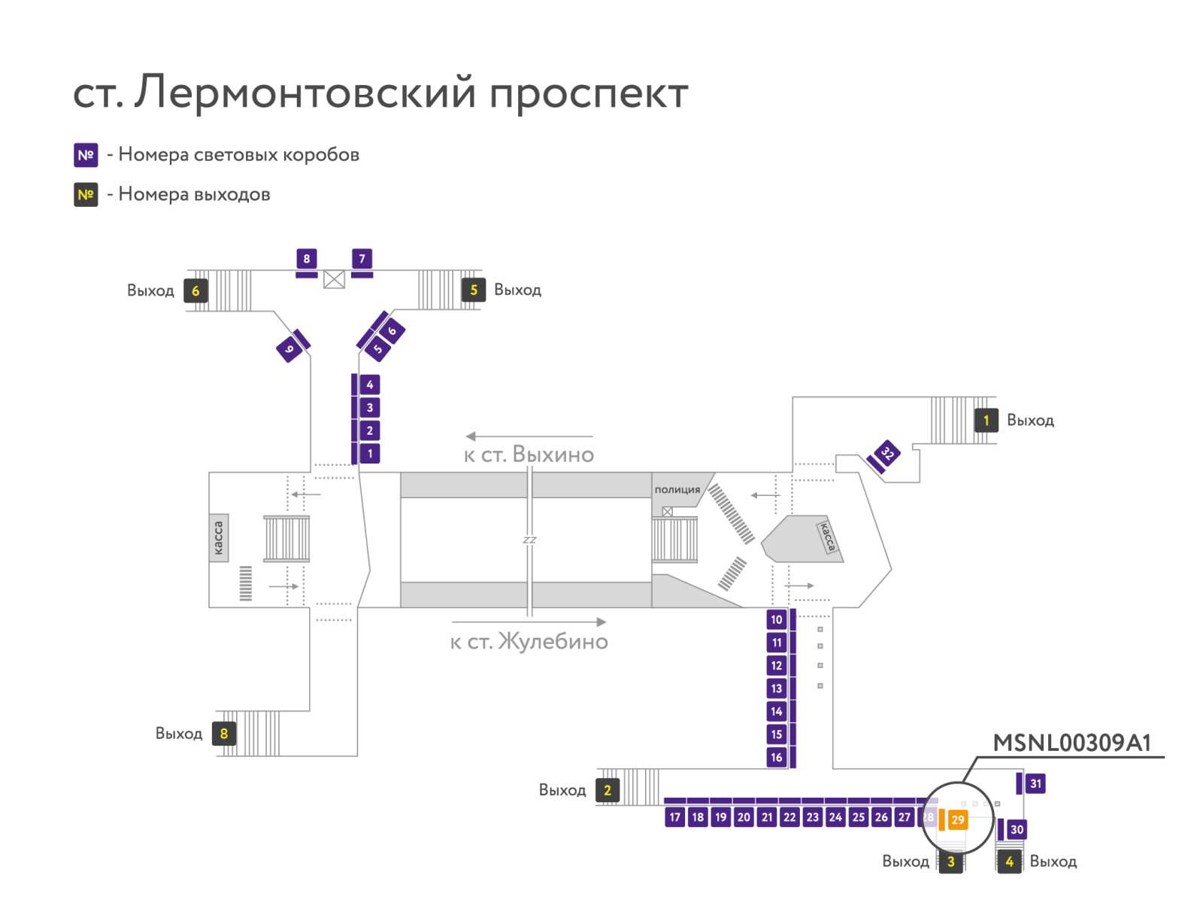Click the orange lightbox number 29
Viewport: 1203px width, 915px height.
[x=957, y=819]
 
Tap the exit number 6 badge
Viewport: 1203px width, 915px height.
[x=195, y=290]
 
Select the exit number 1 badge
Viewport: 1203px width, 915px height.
[x=986, y=421]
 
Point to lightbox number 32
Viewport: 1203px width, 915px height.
[x=887, y=453]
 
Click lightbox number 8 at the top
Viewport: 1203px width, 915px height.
[x=306, y=259]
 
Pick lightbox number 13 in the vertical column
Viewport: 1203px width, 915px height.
[x=776, y=689]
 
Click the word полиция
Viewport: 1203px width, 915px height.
[x=677, y=490]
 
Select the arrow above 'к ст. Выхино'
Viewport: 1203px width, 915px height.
[x=529, y=436]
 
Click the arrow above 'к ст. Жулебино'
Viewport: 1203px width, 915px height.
[x=529, y=622]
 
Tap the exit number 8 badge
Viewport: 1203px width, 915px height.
[x=224, y=734]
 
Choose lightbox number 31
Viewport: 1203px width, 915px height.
[x=1035, y=783]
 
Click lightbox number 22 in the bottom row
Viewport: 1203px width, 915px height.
[x=789, y=817]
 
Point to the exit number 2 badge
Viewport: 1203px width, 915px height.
[x=608, y=790]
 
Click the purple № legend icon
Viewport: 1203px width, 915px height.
[x=86, y=155]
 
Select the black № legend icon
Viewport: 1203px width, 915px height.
[x=86, y=195]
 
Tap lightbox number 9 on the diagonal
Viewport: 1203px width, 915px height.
[x=289, y=349]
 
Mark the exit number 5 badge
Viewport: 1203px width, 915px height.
[x=474, y=290]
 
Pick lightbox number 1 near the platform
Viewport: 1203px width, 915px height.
[x=370, y=454]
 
